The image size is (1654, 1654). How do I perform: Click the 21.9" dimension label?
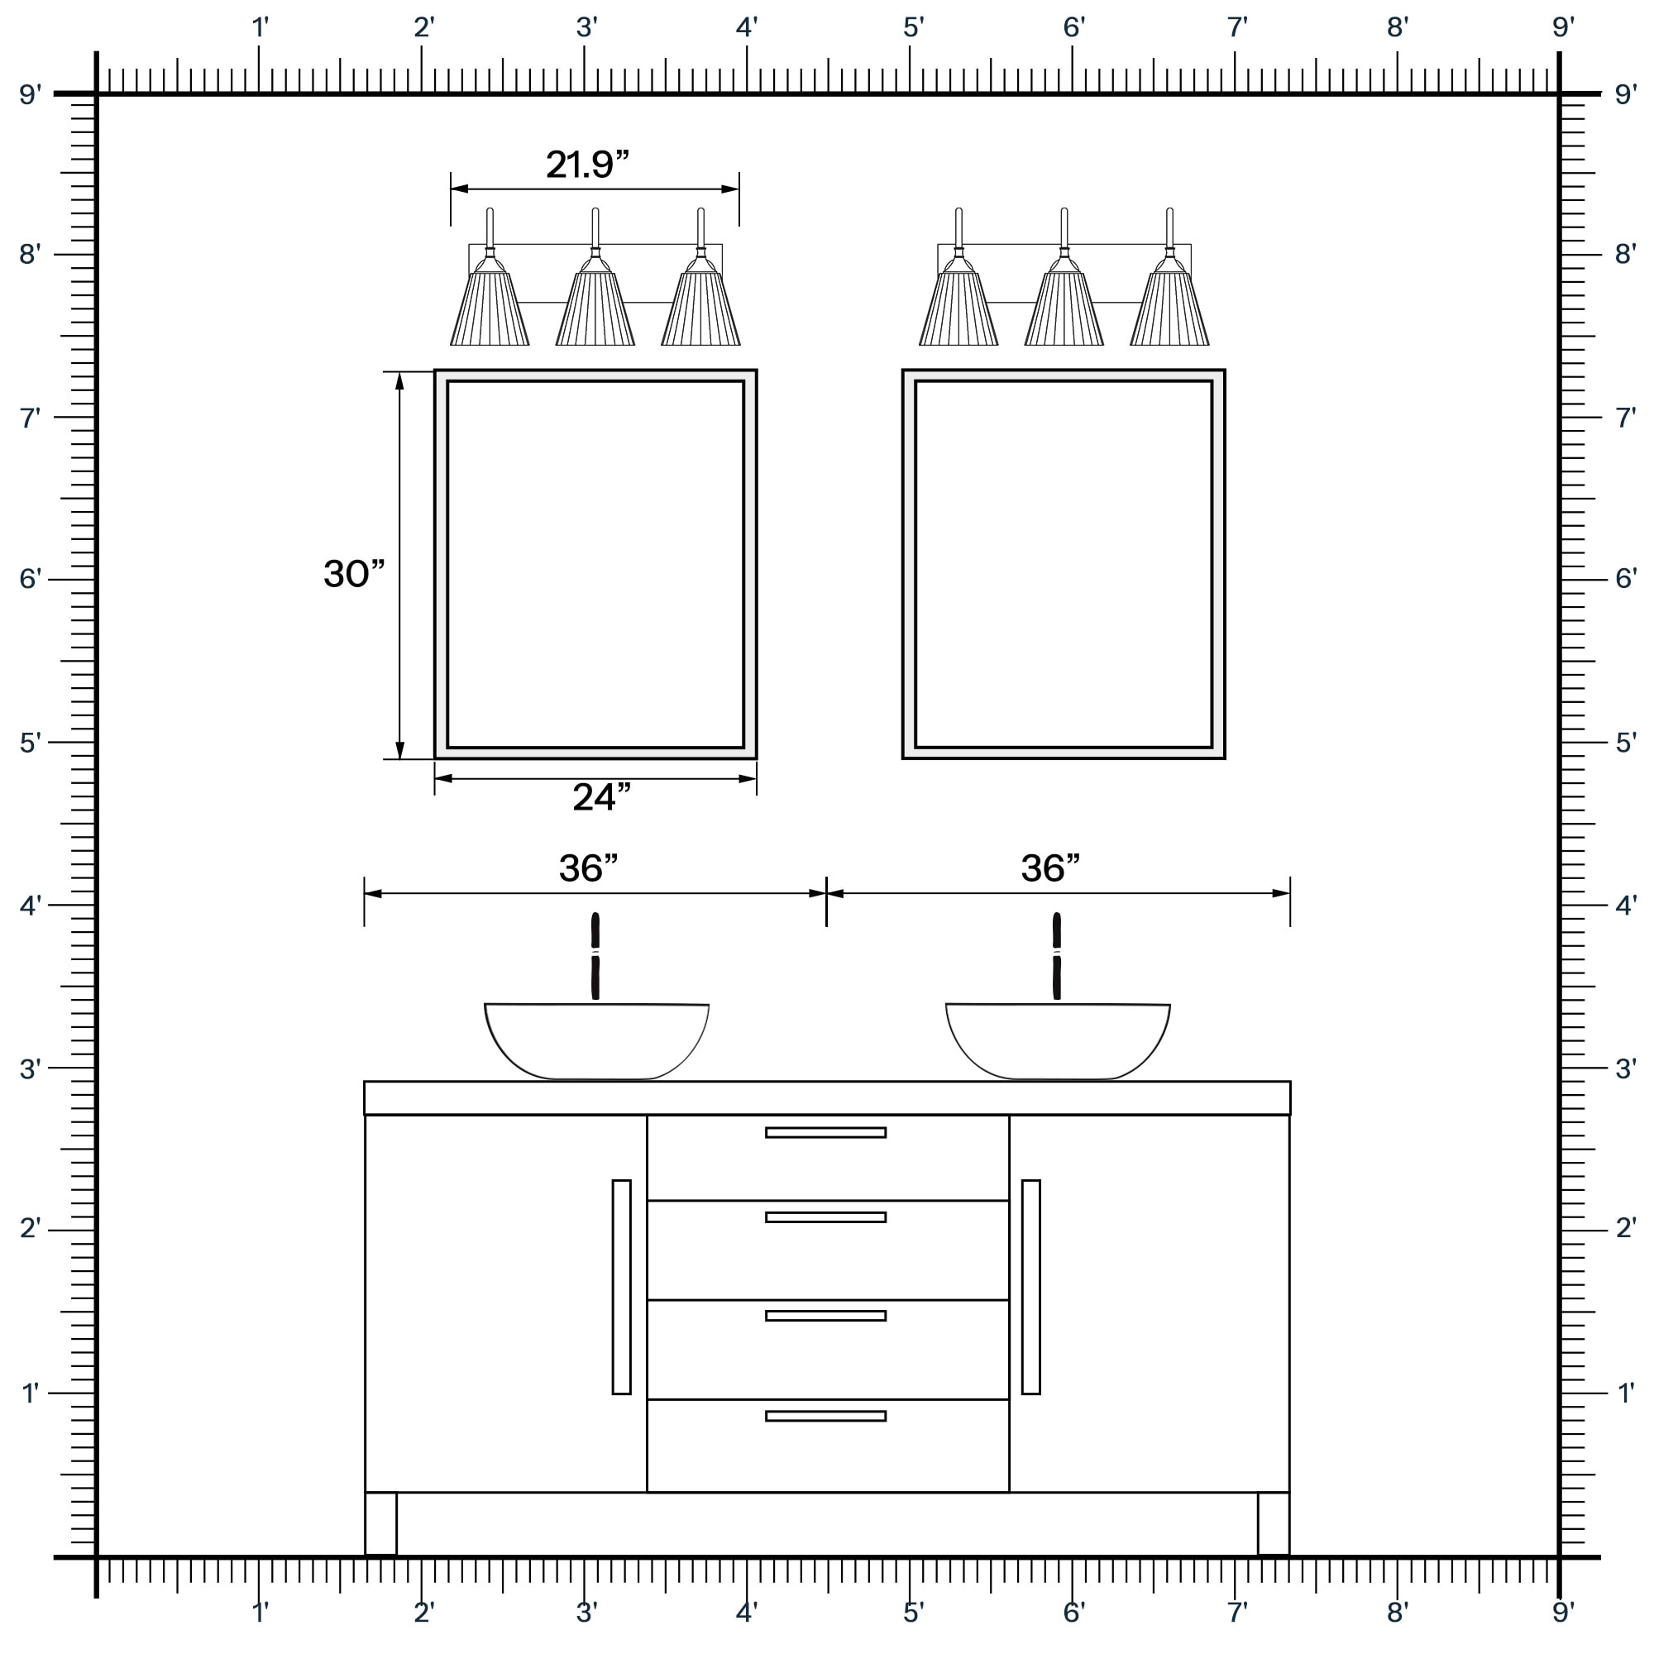click(x=587, y=165)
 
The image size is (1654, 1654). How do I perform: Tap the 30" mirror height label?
click(x=355, y=574)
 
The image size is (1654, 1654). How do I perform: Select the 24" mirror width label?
click(x=602, y=797)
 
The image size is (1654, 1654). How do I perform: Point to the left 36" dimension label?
click(x=588, y=868)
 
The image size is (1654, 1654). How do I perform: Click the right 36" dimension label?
click(x=1050, y=868)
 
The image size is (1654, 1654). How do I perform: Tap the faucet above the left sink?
click(x=595, y=956)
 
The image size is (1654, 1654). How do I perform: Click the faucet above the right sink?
click(x=1056, y=956)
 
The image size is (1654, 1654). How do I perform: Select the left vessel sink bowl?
click(x=597, y=1041)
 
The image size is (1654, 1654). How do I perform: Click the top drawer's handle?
click(x=825, y=1133)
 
